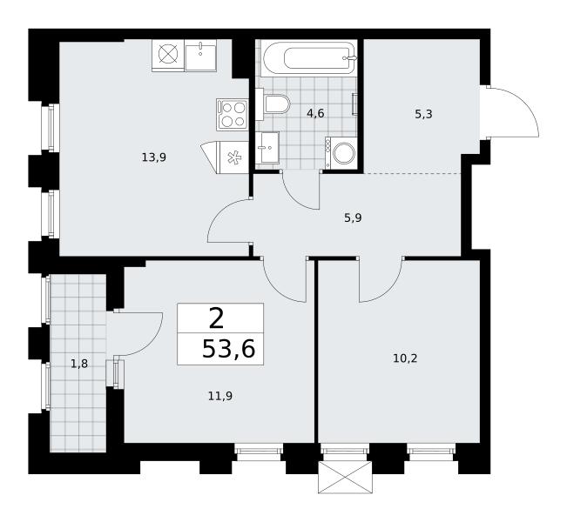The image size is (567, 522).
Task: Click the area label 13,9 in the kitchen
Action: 154,157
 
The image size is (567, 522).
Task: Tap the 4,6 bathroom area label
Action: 315,114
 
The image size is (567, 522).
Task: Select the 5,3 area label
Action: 423,115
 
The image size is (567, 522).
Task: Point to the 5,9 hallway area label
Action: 353,218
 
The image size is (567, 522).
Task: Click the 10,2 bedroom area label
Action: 405,358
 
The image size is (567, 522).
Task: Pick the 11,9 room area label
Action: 219,397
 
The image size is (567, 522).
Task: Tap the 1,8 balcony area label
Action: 79,364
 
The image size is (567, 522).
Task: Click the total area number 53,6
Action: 228,350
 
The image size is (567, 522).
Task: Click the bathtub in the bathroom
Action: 309,57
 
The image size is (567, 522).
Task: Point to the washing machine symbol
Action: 341,153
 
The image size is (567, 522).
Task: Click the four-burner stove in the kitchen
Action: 233,114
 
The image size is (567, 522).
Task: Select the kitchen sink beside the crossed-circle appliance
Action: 200,55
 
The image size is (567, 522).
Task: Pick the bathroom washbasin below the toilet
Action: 267,147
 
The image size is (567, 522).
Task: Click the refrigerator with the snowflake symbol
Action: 225,157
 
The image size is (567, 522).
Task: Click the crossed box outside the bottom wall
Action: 345,477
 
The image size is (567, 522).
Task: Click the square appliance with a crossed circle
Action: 168,55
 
